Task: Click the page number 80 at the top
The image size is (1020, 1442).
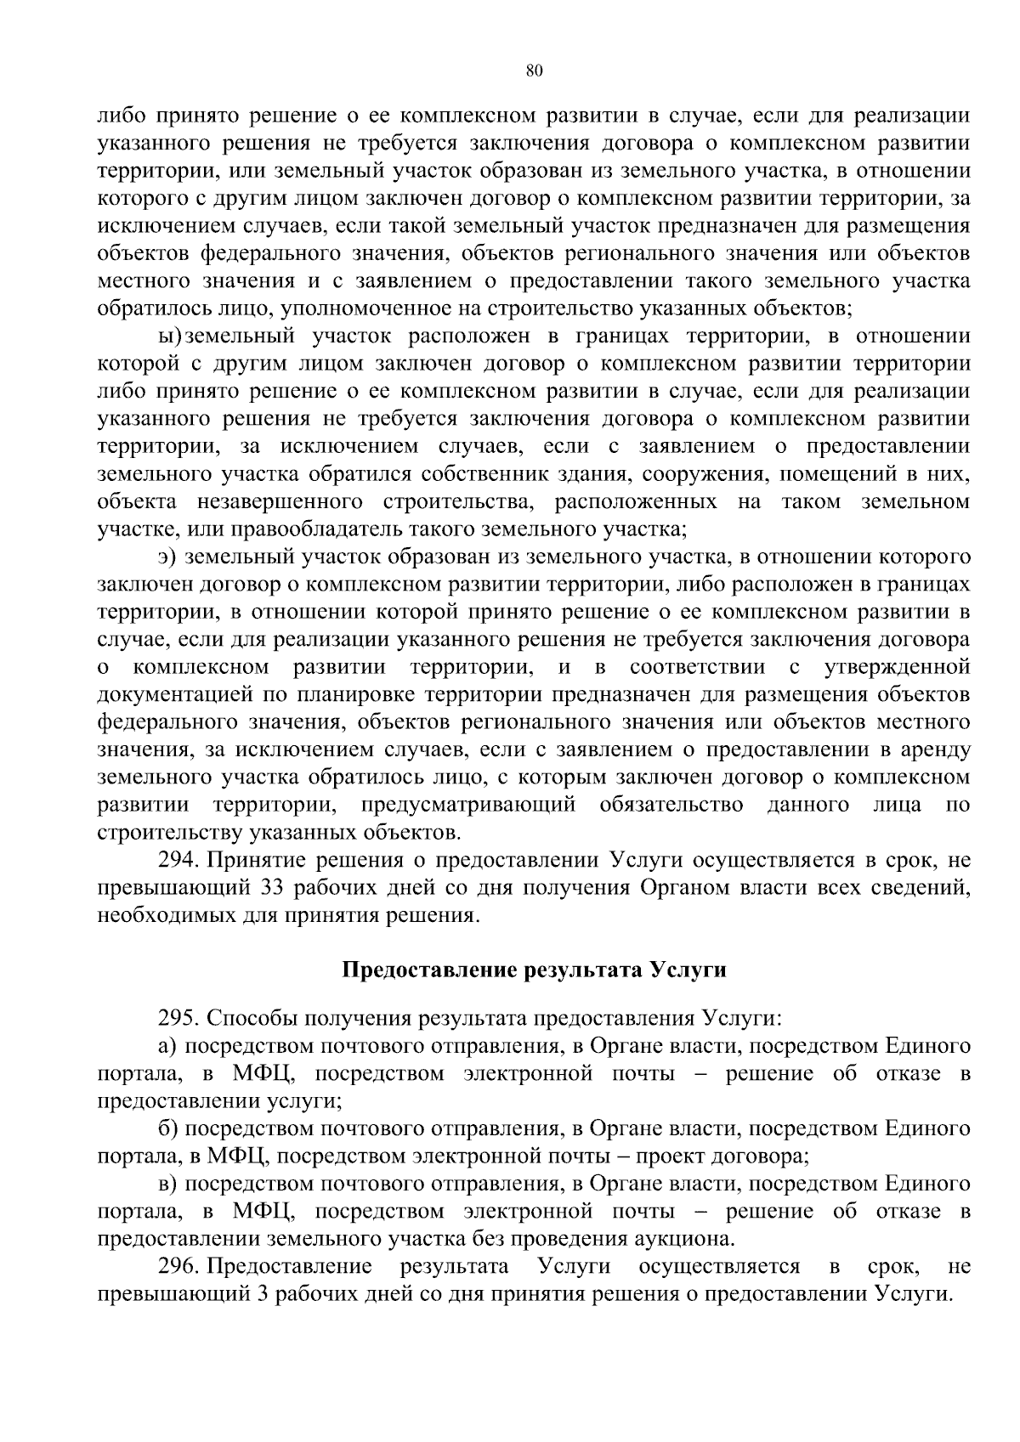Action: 534,71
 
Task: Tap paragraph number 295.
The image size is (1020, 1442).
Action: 178,1018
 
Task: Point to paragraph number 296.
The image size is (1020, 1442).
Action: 178,1267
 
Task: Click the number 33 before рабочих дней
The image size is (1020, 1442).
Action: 263,888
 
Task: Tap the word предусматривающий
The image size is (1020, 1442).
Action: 467,805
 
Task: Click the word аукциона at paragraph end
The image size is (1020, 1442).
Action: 685,1239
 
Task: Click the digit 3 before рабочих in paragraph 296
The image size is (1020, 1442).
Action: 262,1294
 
